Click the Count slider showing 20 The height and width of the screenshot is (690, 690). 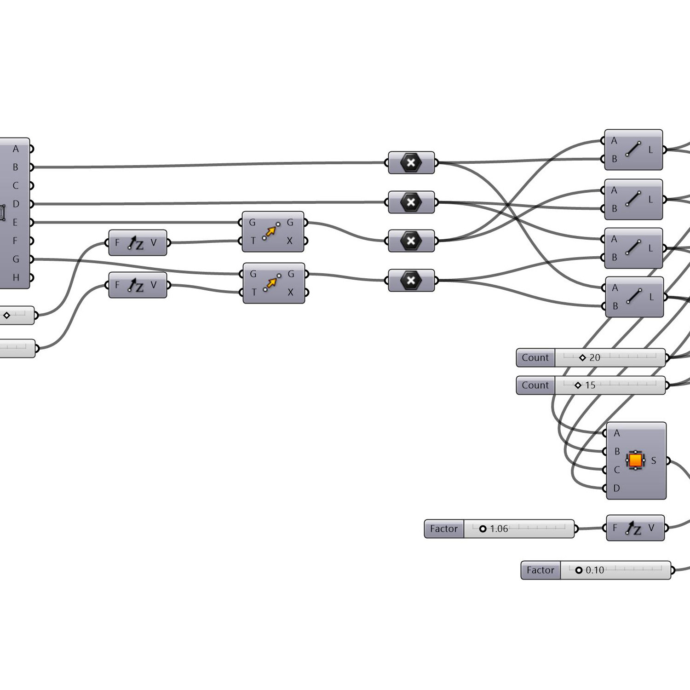[591, 357]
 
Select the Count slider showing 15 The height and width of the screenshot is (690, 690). [591, 385]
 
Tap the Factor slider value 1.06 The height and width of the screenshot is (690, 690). [499, 529]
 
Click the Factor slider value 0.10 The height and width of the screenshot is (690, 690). [595, 570]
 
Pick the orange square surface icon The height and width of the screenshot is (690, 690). [635, 460]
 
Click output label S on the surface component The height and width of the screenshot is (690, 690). [654, 460]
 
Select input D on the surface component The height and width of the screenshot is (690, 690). [616, 488]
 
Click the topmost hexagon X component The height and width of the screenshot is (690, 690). [411, 162]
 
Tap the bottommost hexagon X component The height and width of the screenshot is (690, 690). [411, 281]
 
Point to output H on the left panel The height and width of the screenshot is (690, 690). [16, 277]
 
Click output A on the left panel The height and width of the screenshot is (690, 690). [16, 149]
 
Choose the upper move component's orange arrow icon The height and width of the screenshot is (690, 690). [271, 231]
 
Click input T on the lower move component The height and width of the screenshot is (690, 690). [253, 293]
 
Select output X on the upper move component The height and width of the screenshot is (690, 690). [289, 241]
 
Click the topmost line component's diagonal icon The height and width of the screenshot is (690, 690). [633, 149]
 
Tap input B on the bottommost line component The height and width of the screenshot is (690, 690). [615, 306]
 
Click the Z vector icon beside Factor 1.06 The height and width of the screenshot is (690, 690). [633, 529]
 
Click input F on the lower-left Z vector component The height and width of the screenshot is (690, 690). [117, 285]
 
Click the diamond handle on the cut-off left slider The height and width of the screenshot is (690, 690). [6, 316]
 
